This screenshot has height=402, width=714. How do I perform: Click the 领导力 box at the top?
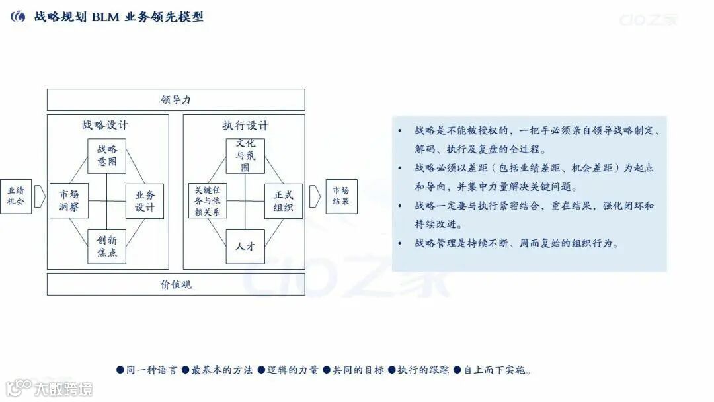(x=176, y=100)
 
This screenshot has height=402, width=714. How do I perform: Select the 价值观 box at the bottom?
(x=176, y=284)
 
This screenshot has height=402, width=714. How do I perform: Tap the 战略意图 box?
(x=106, y=156)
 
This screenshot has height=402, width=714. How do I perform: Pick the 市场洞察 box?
(x=69, y=201)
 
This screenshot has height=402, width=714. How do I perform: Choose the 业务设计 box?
(x=145, y=201)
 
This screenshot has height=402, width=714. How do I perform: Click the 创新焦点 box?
(x=106, y=246)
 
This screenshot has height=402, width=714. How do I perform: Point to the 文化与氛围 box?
(x=245, y=156)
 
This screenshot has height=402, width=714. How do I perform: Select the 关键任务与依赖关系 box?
(x=208, y=201)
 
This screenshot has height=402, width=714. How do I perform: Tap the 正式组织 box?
(x=283, y=201)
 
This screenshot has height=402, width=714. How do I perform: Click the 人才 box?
(x=245, y=246)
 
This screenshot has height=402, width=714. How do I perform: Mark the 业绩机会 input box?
(x=15, y=196)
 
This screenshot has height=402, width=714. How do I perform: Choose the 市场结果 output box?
(x=341, y=196)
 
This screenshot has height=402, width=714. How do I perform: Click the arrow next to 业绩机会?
(x=39, y=196)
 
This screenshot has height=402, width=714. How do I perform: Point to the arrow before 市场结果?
(x=315, y=196)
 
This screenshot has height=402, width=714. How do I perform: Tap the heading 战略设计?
(x=105, y=125)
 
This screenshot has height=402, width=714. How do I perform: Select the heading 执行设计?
(x=245, y=125)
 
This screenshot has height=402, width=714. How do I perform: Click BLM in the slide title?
(x=106, y=17)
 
